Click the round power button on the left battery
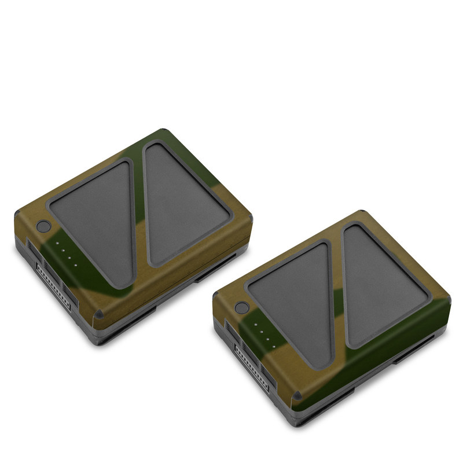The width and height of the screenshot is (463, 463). tap(43, 227)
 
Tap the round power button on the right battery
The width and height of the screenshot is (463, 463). tap(242, 309)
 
